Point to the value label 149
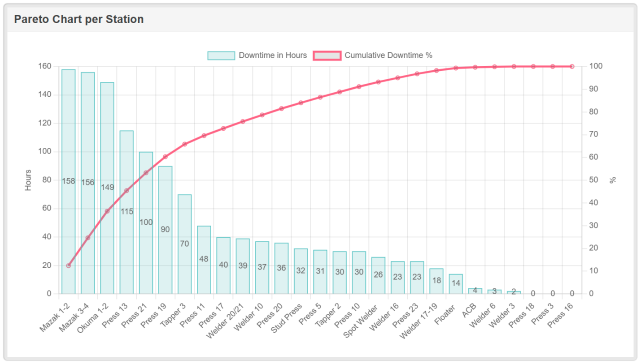pyautogui.click(x=107, y=188)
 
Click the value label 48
pyautogui.click(x=204, y=259)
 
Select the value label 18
pyautogui.click(x=436, y=281)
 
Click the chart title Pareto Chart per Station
pyautogui.click(x=79, y=19)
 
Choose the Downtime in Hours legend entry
pyautogui.click(x=257, y=56)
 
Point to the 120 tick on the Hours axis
pyautogui.click(x=45, y=123)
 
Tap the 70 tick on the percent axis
pyautogui.click(x=593, y=134)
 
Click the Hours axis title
pyautogui.click(x=28, y=180)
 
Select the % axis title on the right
pyautogui.click(x=613, y=180)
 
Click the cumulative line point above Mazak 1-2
pyautogui.click(x=68, y=266)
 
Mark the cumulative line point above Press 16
pyautogui.click(x=572, y=66)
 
